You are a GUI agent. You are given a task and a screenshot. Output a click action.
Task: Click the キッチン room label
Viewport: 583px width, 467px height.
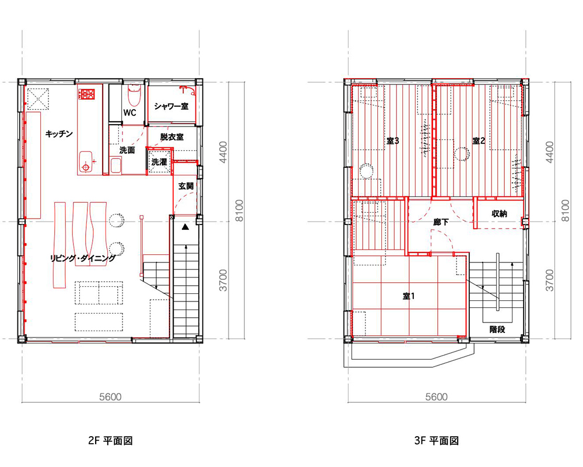point(59,134)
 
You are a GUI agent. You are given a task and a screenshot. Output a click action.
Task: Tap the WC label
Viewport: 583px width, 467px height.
point(130,113)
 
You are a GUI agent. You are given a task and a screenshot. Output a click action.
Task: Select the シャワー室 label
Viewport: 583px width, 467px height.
point(171,106)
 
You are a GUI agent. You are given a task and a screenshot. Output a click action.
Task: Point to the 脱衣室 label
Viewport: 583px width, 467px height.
point(172,137)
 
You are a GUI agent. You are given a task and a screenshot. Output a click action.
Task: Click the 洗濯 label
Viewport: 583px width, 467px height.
point(159,162)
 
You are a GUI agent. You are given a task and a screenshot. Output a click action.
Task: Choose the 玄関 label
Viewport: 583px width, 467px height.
point(186,186)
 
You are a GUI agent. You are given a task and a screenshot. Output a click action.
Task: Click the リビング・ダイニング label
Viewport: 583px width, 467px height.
point(83,258)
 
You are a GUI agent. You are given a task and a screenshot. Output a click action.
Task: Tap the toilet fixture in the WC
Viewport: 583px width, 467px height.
point(133,95)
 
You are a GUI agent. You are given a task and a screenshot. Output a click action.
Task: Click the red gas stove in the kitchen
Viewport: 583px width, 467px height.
point(87,94)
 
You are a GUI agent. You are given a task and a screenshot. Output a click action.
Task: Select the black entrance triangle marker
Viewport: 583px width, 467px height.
point(185,226)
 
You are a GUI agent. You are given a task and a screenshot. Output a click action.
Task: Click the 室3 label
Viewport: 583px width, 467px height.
point(392,141)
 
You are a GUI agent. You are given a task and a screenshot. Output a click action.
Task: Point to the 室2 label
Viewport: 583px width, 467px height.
point(479,141)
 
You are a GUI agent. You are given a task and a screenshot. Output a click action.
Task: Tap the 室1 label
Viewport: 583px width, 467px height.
point(409,296)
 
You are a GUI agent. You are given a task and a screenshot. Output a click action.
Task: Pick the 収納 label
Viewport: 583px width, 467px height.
point(500,213)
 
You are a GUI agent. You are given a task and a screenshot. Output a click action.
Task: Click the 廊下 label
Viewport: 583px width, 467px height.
point(441,222)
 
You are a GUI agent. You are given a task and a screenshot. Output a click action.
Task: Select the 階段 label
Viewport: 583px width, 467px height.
point(497,329)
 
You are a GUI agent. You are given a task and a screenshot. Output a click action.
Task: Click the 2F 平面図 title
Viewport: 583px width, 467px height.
point(110,441)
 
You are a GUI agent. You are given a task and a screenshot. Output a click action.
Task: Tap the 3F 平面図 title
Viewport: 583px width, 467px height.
point(437,441)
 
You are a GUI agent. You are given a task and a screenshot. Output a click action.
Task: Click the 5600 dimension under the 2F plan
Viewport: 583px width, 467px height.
point(110,397)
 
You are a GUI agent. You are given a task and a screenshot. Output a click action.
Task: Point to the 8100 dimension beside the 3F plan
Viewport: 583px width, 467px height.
point(565,210)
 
